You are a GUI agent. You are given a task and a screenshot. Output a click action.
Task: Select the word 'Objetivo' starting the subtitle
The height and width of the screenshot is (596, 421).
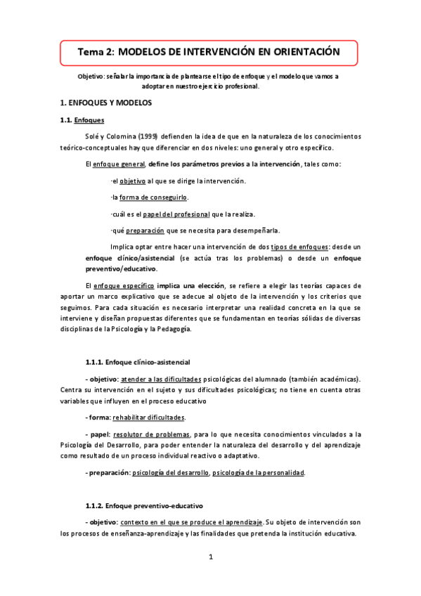coord(92,77)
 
